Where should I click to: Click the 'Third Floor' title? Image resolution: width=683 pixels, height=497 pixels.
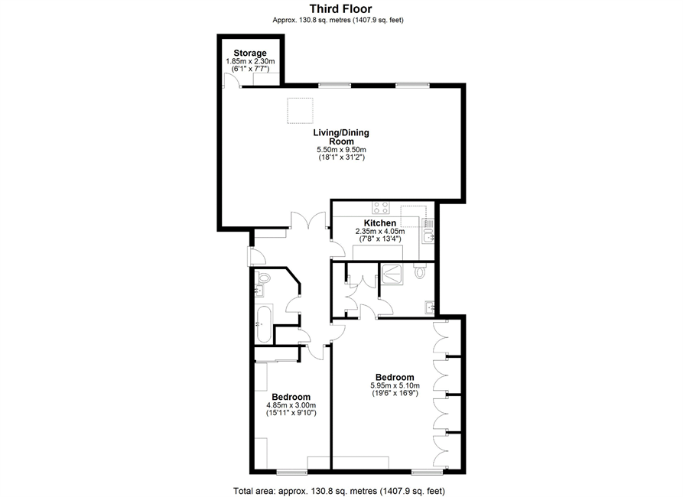coord(341,8)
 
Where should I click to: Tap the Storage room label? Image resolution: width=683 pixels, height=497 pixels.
coord(250,54)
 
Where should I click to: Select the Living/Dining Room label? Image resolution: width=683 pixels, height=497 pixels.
coord(341,137)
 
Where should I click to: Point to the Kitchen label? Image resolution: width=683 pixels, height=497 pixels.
coord(380,223)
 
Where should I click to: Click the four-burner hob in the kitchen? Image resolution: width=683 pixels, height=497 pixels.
coord(381,208)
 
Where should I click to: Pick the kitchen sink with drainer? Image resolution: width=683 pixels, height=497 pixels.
coord(428,231)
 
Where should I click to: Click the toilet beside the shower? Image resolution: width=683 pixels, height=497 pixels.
coord(420,270)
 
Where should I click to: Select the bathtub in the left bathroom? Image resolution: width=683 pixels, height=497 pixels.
coord(265,324)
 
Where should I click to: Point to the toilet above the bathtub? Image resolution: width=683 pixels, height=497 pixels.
coord(262,277)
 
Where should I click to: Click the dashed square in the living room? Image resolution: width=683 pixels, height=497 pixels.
coord(300,111)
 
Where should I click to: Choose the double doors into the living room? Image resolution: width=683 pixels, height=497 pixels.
coord(308,220)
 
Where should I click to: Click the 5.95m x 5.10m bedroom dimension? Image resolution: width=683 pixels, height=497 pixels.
coord(395,385)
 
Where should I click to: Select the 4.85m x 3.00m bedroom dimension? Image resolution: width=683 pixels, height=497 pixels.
coord(291,405)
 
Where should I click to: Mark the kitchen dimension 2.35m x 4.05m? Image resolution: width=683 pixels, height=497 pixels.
coord(380,231)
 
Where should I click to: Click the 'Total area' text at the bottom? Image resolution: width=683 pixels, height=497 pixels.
coord(340,491)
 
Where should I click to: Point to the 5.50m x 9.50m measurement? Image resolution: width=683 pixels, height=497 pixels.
coord(341,149)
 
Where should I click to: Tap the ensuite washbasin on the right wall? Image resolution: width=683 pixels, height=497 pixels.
coord(431,307)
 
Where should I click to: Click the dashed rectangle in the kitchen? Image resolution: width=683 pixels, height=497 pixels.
coord(413,216)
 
